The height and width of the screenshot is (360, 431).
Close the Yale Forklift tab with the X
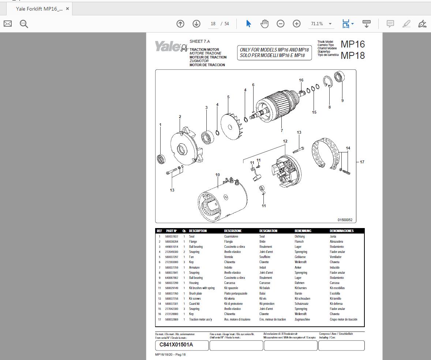coord(67,9)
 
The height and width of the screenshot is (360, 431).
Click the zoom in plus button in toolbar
coord(296,24)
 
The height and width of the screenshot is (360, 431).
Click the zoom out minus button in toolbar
coord(280,24)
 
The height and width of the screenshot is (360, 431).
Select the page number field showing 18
coord(213,24)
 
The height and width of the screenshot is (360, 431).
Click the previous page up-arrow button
coord(180,24)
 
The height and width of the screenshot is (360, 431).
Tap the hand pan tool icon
coord(264,24)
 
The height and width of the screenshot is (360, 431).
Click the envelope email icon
coord(8,24)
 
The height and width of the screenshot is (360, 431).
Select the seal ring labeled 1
coord(161,159)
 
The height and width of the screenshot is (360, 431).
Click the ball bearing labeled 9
coord(339,77)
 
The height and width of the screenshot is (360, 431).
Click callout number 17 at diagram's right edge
coord(362,162)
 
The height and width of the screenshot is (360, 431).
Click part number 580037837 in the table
coord(172,236)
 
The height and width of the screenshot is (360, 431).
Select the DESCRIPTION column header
coord(198,231)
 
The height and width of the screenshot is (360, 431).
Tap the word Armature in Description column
coord(194,268)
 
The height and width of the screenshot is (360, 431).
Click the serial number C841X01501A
coord(176,345)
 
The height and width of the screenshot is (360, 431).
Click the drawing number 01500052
coord(345,220)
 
